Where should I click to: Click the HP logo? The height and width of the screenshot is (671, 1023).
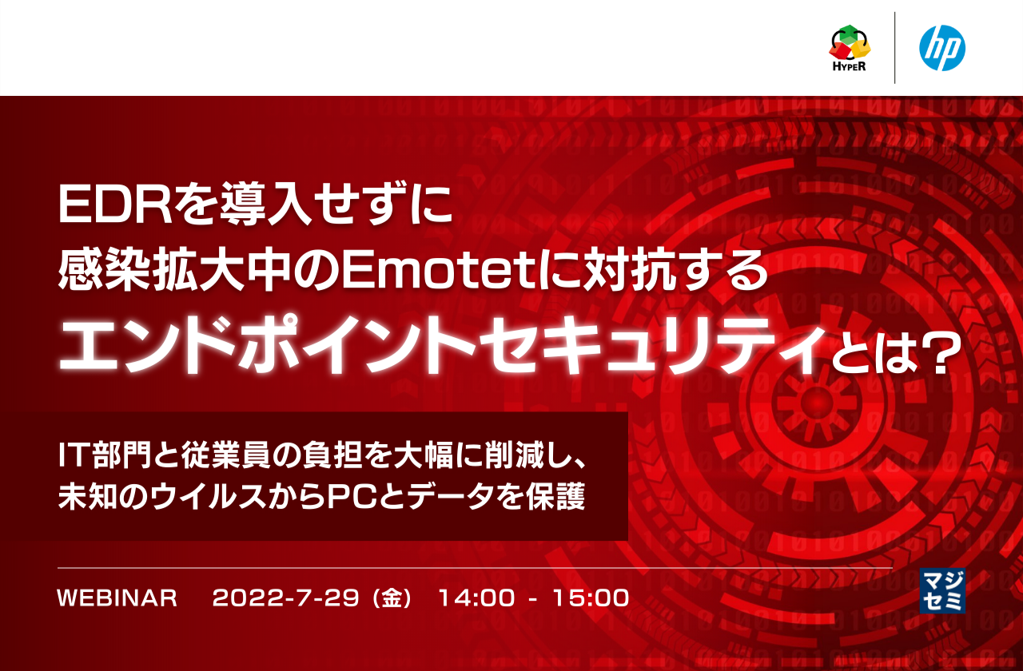(x=942, y=48)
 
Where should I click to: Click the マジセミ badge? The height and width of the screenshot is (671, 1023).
(x=943, y=590)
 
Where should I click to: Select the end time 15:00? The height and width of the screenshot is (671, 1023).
(x=591, y=598)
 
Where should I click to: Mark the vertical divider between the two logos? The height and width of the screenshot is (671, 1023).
(x=894, y=48)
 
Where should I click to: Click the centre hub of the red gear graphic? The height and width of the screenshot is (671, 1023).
(x=815, y=399)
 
